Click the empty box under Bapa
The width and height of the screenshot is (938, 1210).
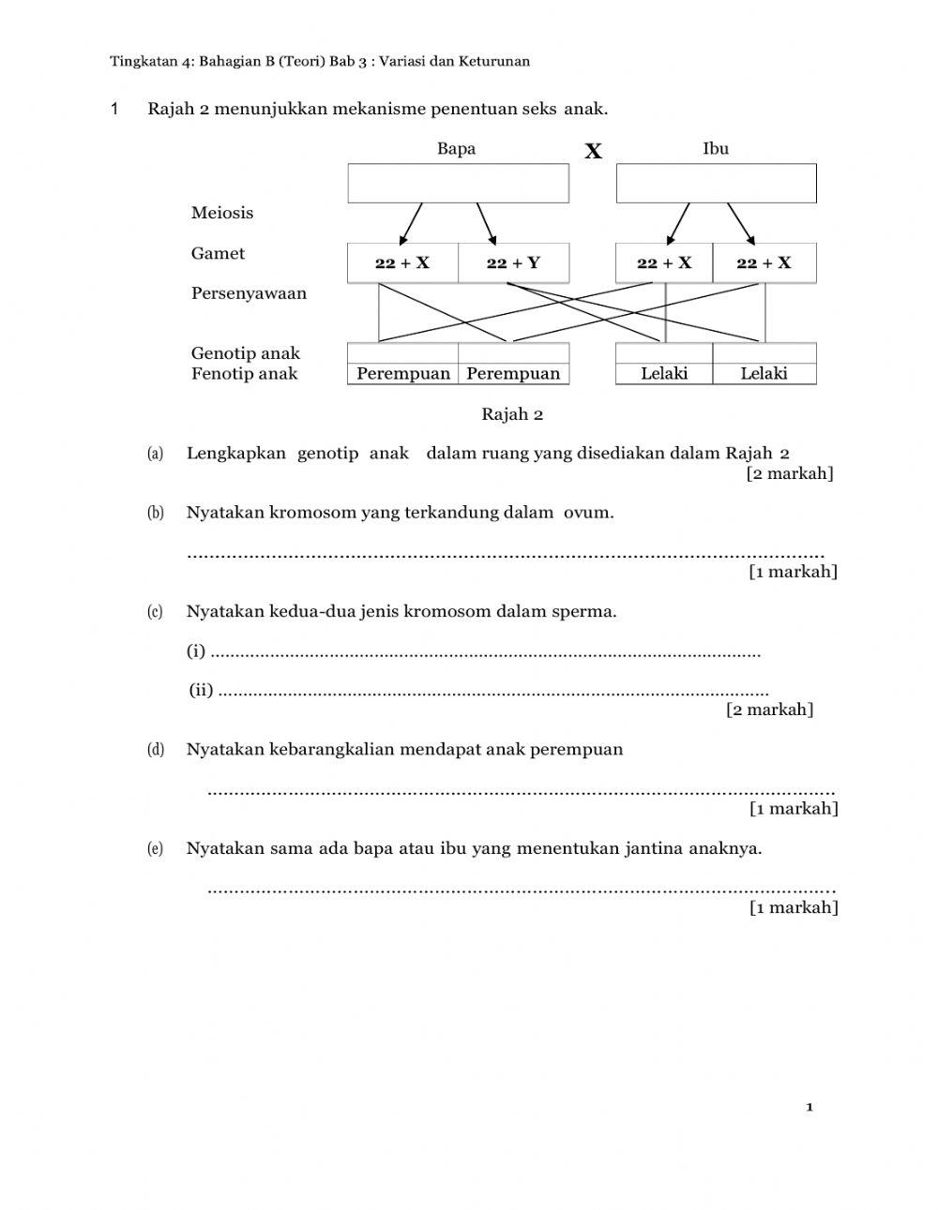(x=458, y=184)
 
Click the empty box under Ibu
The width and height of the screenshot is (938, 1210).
(x=716, y=184)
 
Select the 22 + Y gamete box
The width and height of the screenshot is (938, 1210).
(x=513, y=263)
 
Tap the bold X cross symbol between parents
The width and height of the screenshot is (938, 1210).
(x=593, y=152)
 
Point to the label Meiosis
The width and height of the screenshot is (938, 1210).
(x=222, y=213)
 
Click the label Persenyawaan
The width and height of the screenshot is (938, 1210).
(x=249, y=293)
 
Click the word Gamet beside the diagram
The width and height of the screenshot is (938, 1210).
(x=218, y=253)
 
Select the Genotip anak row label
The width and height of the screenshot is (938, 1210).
(x=246, y=353)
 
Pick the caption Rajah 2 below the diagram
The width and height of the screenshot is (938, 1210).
(x=512, y=414)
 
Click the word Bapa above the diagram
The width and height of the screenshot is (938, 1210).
(x=456, y=148)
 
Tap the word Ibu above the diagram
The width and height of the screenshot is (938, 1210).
(x=716, y=148)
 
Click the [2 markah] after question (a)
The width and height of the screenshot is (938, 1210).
(x=790, y=473)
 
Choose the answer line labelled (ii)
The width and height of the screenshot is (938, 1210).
(x=492, y=694)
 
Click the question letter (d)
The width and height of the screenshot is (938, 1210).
(x=156, y=750)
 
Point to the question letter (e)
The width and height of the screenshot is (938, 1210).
(x=156, y=849)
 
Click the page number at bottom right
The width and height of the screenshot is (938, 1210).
(x=809, y=1108)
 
